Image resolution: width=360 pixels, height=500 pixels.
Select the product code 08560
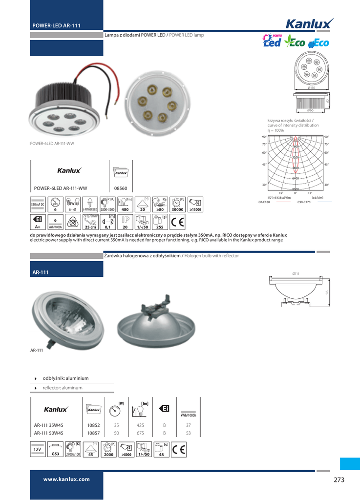point(121,188)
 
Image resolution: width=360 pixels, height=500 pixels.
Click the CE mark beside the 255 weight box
point(178,223)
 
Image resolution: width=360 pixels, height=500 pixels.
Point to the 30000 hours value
point(178,209)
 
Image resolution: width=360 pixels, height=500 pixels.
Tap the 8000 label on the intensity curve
point(296,189)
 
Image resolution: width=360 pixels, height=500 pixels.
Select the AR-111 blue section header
point(66,271)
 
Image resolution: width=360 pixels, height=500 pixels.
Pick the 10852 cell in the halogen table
point(93,425)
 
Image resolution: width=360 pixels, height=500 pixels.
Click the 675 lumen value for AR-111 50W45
point(140,433)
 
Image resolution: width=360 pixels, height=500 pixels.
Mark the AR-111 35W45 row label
point(48,425)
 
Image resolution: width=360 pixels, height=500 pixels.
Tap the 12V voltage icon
point(37,449)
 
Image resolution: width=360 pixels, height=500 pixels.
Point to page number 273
point(339,479)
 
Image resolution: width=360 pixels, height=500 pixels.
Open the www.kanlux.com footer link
point(66,479)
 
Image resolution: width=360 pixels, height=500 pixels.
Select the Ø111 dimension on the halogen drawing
point(296,273)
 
